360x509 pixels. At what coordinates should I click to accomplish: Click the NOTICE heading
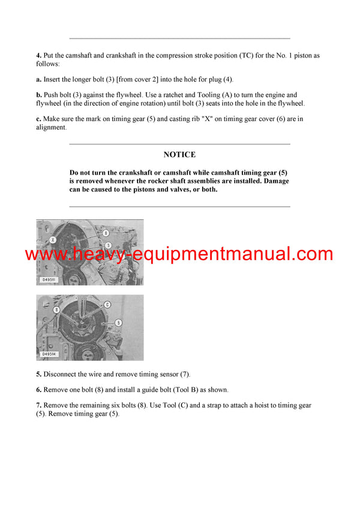point(179,155)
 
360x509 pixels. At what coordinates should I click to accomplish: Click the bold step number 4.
point(38,56)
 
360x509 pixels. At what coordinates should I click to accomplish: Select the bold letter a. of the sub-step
point(38,79)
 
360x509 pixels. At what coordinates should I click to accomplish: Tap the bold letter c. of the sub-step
point(38,119)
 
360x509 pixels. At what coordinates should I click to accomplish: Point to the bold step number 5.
point(38,374)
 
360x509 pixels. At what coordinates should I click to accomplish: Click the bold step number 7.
point(38,405)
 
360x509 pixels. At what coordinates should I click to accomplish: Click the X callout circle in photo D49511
point(53,239)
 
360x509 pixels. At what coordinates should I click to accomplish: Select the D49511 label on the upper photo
point(50,279)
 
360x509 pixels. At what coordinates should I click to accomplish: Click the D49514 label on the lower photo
point(50,354)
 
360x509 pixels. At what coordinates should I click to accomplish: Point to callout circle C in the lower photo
point(107,304)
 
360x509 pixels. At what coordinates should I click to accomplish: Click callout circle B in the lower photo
point(56,310)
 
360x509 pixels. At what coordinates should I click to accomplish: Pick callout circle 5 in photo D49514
point(119,323)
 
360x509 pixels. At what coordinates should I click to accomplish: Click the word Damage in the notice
point(275,180)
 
